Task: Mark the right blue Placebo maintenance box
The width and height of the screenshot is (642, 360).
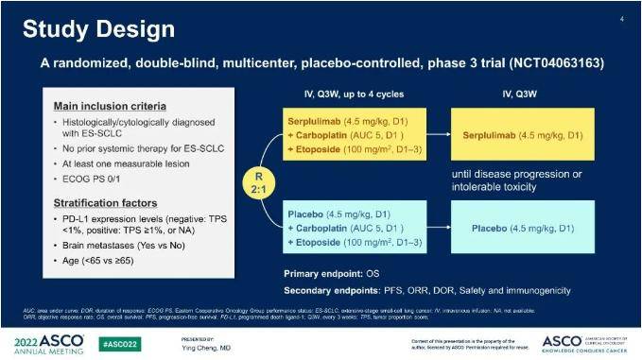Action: click(x=523, y=228)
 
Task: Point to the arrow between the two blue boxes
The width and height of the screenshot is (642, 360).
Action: click(x=434, y=228)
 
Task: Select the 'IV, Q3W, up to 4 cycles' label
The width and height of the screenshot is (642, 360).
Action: click(x=349, y=94)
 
